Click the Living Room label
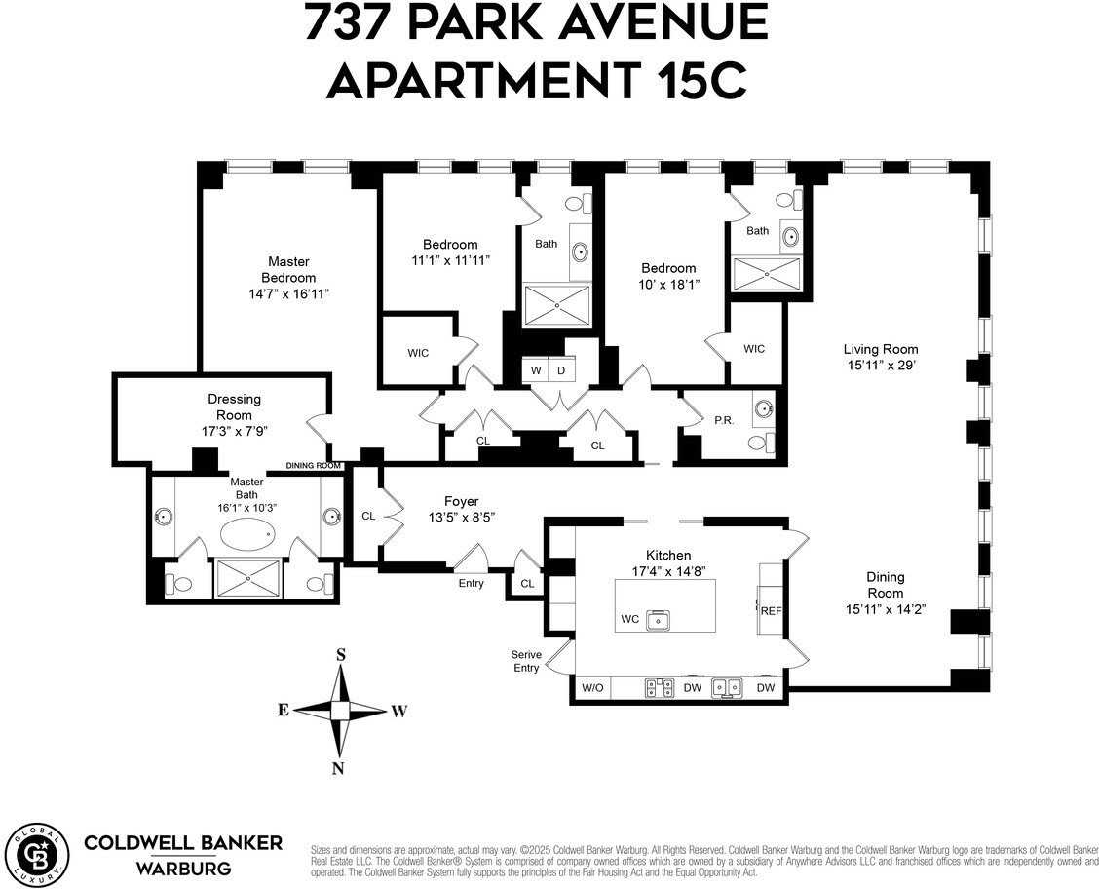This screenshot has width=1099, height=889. [881, 349]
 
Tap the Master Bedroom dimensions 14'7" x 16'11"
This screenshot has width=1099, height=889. [288, 293]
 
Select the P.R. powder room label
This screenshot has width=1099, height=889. [724, 420]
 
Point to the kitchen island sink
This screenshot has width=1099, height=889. [661, 619]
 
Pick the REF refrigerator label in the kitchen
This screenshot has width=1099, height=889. [772, 611]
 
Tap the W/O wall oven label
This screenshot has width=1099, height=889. [593, 688]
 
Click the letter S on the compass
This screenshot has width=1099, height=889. [341, 655]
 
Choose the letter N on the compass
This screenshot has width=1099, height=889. [338, 768]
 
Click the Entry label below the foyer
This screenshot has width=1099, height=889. [471, 583]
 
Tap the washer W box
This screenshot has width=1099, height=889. [536, 370]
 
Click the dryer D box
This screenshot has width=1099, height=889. [561, 370]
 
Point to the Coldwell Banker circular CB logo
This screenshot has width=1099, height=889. [36, 853]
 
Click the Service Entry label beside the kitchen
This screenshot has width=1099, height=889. [525, 661]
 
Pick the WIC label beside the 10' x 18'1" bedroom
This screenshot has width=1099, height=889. [754, 349]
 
